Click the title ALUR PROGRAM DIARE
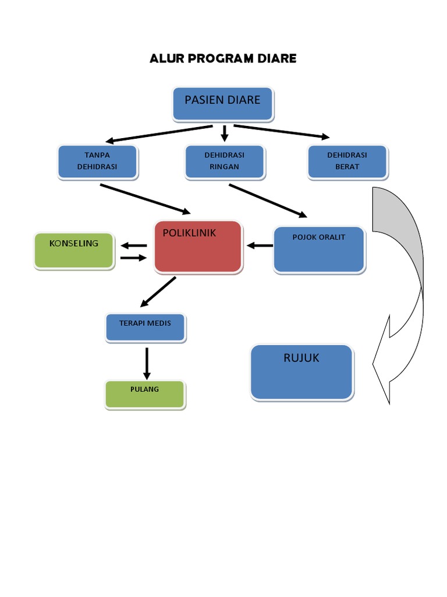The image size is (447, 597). [x=223, y=58]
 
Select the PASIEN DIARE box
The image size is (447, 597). [x=223, y=104]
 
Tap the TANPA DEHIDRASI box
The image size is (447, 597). [x=97, y=161]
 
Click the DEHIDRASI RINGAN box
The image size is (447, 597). [x=224, y=161]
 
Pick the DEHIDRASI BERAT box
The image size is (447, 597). [x=347, y=161]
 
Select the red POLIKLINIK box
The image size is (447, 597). [x=198, y=247]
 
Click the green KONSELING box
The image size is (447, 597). [x=73, y=251]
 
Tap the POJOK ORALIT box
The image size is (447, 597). [x=319, y=250]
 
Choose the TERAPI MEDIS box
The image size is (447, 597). [x=146, y=326]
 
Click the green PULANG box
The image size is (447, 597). [x=145, y=394]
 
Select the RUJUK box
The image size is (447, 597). [x=301, y=372]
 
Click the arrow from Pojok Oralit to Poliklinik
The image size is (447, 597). [x=260, y=245]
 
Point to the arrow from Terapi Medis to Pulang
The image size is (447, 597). [x=147, y=364]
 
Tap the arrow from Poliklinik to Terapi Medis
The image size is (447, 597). [x=158, y=292]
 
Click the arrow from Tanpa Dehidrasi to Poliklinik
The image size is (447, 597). [x=146, y=199]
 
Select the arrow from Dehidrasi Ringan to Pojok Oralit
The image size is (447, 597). [x=268, y=201]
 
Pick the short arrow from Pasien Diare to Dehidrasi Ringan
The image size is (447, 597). [x=224, y=134]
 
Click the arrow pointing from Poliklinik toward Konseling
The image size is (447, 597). [x=133, y=245]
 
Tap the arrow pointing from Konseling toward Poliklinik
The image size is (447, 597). [x=133, y=258]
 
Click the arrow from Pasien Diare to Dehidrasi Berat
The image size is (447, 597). [x=282, y=132]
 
